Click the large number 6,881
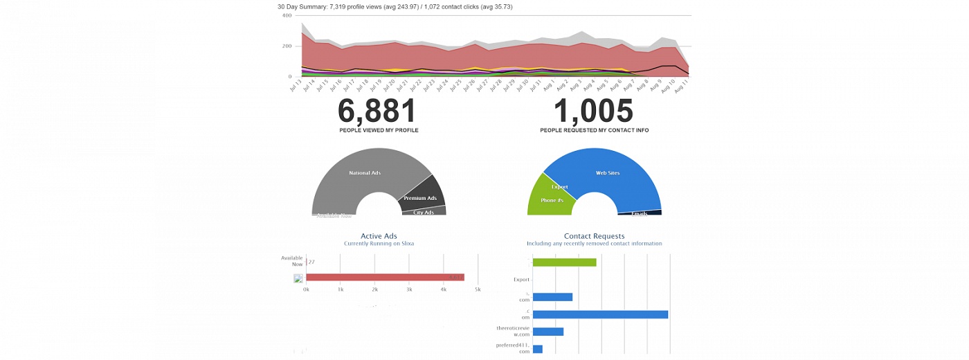click(x=377, y=111)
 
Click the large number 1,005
click(x=594, y=111)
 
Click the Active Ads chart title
click(x=379, y=236)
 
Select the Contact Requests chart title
click(x=594, y=236)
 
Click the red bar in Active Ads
click(x=385, y=278)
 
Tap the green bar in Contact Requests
click(x=565, y=262)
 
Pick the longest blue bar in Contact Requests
click(x=600, y=314)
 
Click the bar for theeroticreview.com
click(x=548, y=332)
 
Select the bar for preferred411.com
click(x=538, y=349)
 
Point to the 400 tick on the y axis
click(x=287, y=15)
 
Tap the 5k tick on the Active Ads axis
click(x=478, y=289)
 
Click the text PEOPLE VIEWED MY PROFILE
click(x=379, y=130)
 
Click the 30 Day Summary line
click(x=395, y=6)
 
